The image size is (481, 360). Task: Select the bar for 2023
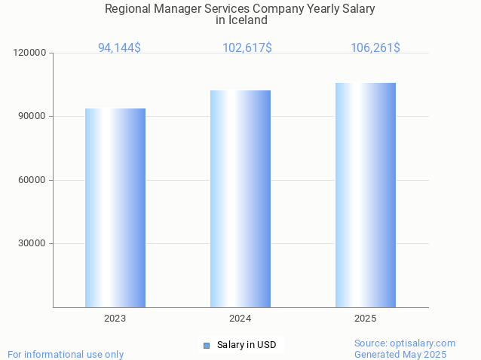point(115,208)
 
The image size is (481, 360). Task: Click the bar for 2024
point(240,199)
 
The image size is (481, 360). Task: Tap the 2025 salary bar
point(366,195)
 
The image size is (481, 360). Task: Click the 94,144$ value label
point(119,47)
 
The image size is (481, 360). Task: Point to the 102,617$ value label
point(247,47)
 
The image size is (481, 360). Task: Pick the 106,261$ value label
point(375,47)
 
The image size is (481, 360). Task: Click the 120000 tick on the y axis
point(31,53)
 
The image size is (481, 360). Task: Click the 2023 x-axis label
point(115,319)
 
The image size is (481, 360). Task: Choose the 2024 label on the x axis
point(240,319)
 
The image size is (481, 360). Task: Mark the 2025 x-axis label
point(366,319)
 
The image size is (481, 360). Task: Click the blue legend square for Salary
point(207,345)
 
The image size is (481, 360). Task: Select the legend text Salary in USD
point(247,345)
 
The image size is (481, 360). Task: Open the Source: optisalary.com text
point(405,343)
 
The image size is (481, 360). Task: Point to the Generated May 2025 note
point(400,354)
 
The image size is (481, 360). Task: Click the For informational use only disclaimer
point(66,354)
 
